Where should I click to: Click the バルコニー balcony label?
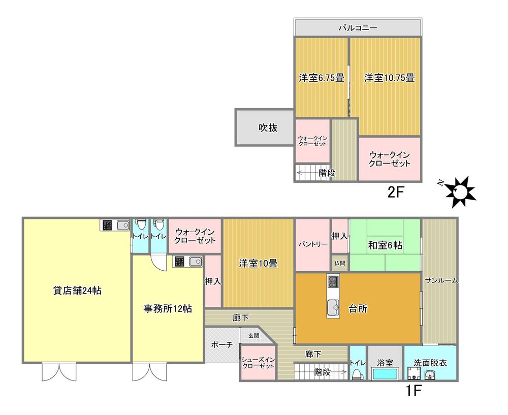click(358, 28)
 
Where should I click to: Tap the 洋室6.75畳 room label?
click(321, 78)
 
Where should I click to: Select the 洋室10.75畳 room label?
click(389, 78)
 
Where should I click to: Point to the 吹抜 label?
click(265, 128)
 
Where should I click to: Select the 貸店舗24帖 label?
click(77, 291)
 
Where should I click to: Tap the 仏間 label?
click(340, 263)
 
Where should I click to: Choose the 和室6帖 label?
click(385, 245)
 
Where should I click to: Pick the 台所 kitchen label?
click(358, 308)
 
